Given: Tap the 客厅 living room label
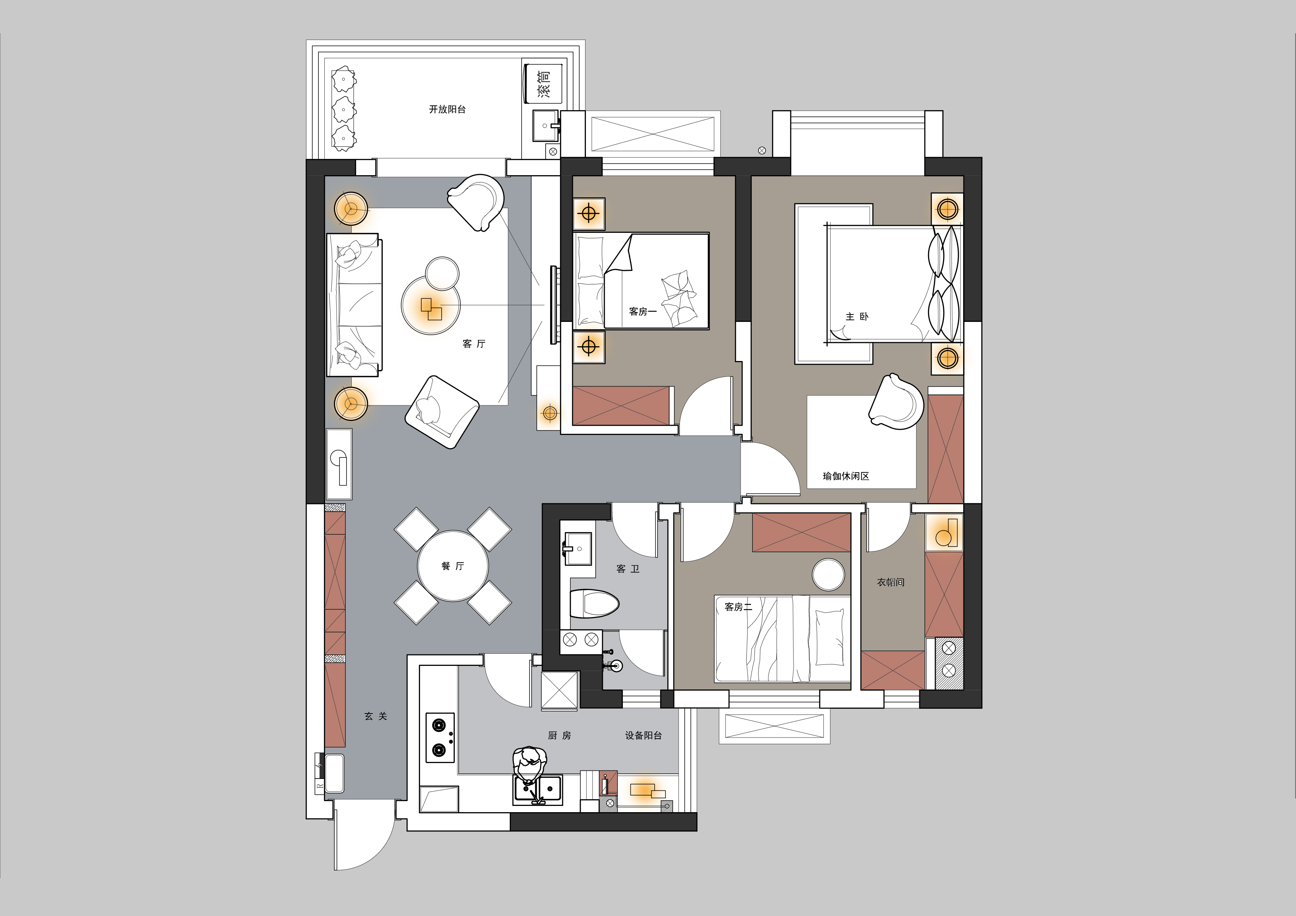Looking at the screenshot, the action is tap(474, 344).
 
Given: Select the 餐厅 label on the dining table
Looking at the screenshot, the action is tap(453, 566).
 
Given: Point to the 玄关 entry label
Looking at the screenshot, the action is tap(376, 716).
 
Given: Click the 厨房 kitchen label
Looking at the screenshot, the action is tap(559, 735).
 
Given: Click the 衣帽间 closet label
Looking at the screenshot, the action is tap(891, 582).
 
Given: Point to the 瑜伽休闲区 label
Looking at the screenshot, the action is tap(846, 476).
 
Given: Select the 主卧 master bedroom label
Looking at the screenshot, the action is tap(857, 317).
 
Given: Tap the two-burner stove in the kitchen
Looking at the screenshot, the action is tap(440, 737).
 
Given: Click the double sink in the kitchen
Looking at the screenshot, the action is tap(538, 789).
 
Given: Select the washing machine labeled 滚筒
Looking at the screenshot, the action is tap(542, 83).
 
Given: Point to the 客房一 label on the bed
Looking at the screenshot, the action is tap(643, 311).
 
